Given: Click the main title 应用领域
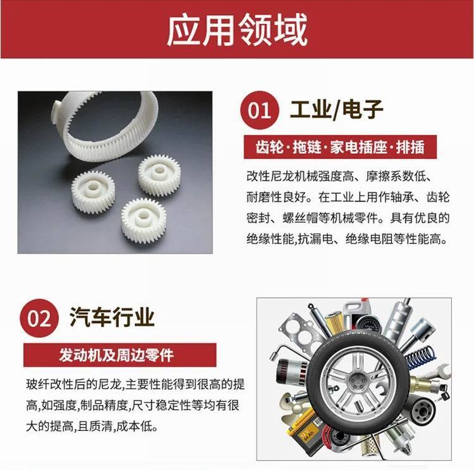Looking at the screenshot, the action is pos(237,30).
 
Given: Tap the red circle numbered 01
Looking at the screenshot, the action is pos(259,110).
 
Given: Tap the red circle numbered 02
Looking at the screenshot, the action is pos(39,318).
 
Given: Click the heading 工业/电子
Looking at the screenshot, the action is pos(336,110).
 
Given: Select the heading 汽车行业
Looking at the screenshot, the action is pos(112,317).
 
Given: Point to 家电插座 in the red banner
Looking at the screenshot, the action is pos(358,147).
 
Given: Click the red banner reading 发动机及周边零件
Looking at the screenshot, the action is pos(119,355).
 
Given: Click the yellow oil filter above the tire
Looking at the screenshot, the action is pos(334,323).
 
